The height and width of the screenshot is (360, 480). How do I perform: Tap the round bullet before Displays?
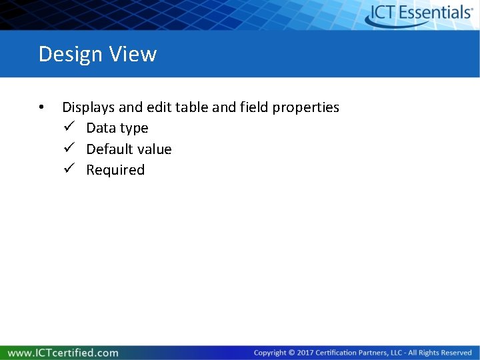[41, 107]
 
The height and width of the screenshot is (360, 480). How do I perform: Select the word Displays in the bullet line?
[89, 107]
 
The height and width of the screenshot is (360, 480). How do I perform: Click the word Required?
[115, 171]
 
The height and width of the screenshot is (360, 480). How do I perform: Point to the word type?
[134, 129]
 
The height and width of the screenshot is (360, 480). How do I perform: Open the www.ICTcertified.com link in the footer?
[63, 353]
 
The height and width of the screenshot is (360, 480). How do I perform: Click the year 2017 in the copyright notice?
[304, 353]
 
